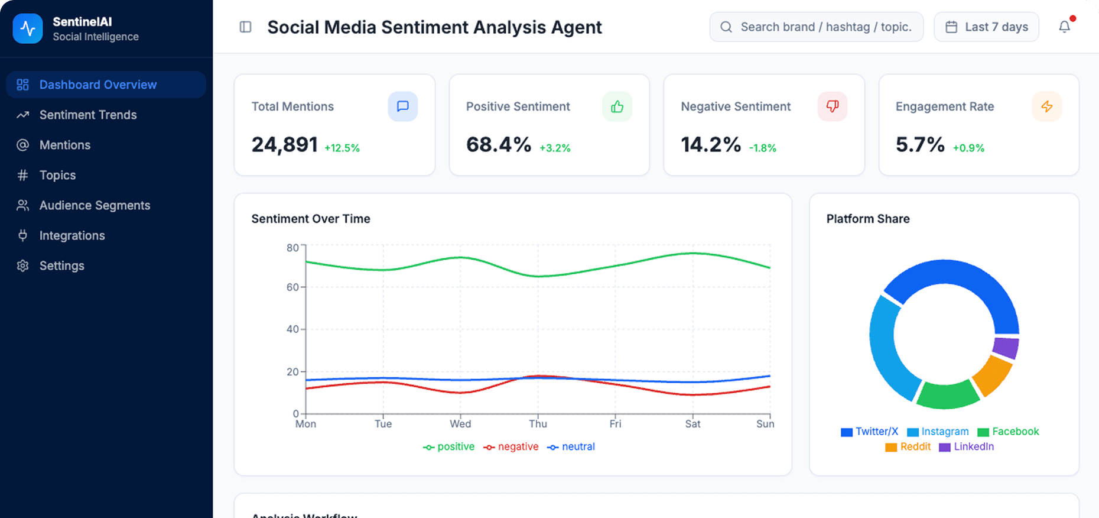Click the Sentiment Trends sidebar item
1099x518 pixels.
(87, 115)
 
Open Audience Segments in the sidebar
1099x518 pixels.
(95, 205)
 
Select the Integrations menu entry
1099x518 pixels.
(71, 235)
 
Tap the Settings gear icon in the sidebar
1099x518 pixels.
(22, 266)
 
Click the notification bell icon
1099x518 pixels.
(1064, 27)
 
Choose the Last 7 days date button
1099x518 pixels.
(986, 27)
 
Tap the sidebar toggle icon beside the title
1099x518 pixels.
(245, 27)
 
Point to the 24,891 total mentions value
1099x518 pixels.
(284, 144)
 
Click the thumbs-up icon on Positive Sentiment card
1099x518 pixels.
(617, 106)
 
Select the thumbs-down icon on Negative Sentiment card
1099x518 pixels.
(832, 106)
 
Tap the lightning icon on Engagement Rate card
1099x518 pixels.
(1046, 106)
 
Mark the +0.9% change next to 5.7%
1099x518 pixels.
(968, 148)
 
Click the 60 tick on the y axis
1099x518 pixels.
(292, 287)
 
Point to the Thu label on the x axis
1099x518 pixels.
(538, 424)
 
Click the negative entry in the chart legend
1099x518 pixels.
(511, 447)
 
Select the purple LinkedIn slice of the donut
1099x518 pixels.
(1005, 348)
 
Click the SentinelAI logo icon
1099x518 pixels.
(28, 28)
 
